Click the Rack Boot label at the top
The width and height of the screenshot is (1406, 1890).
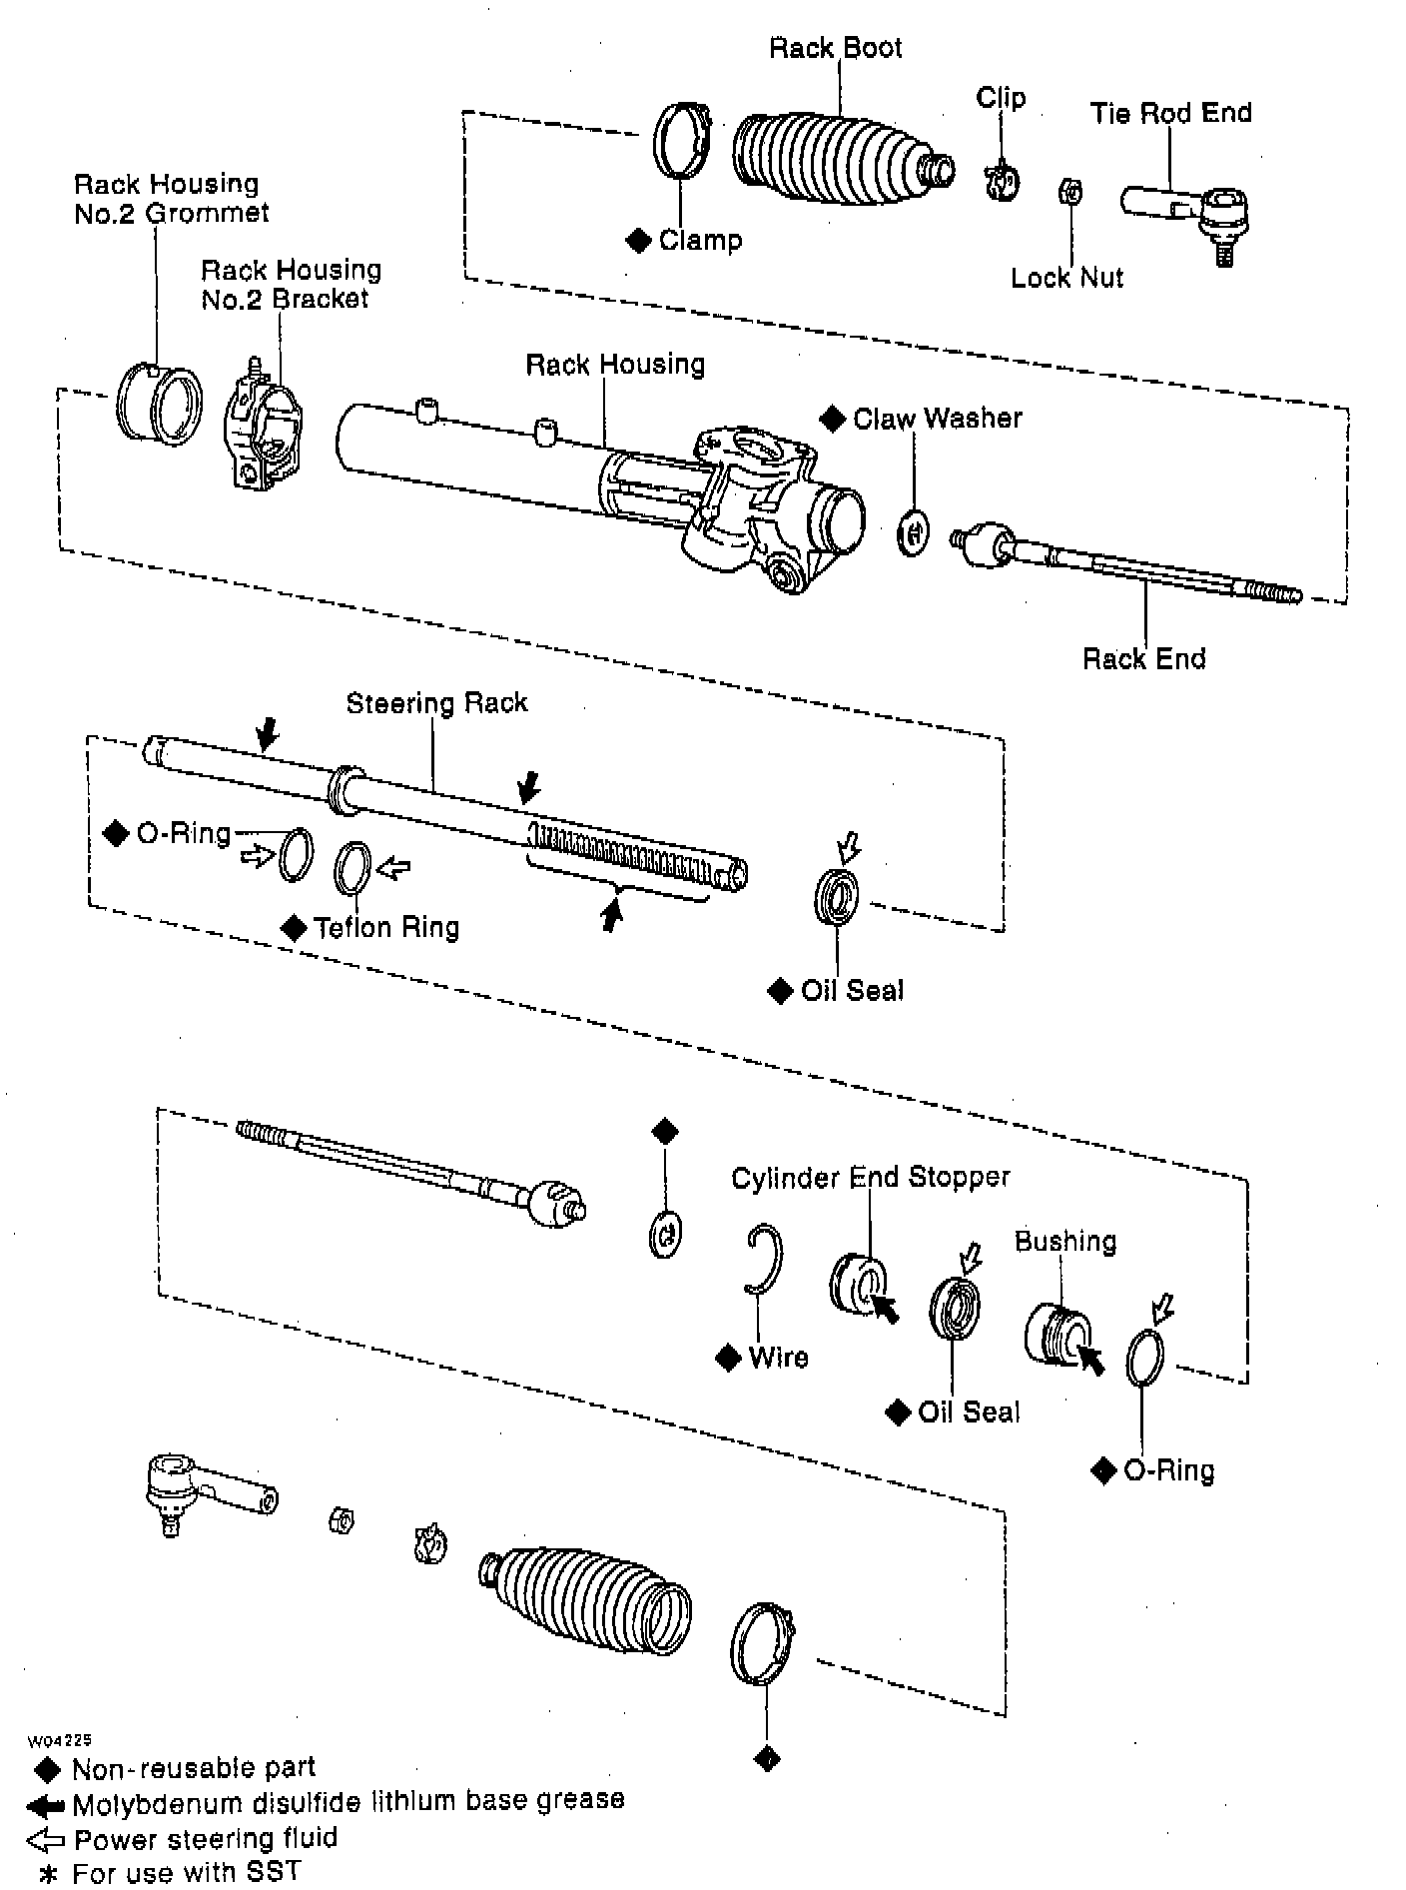pos(835,48)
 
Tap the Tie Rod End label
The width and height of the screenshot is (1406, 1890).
pos(1170,113)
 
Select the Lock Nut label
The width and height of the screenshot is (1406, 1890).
pos(1066,278)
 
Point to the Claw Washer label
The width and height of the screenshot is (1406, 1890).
pos(937,419)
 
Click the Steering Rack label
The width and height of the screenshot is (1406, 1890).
pos(436,703)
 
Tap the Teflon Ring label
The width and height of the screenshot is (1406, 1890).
pos(386,928)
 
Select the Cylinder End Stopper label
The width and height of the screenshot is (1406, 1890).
pos(870,1178)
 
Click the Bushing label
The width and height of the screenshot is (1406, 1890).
pos(1064,1242)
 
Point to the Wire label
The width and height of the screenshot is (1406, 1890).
pos(778,1358)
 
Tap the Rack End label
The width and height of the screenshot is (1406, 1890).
pos(1143,659)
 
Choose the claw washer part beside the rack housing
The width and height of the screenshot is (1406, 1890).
pos(913,533)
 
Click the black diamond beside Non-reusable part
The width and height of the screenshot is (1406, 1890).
pos(47,1769)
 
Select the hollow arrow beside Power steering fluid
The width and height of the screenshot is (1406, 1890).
pos(45,1839)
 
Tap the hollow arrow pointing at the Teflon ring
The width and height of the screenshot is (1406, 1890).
pos(393,868)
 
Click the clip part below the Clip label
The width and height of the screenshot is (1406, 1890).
pos(1001,182)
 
